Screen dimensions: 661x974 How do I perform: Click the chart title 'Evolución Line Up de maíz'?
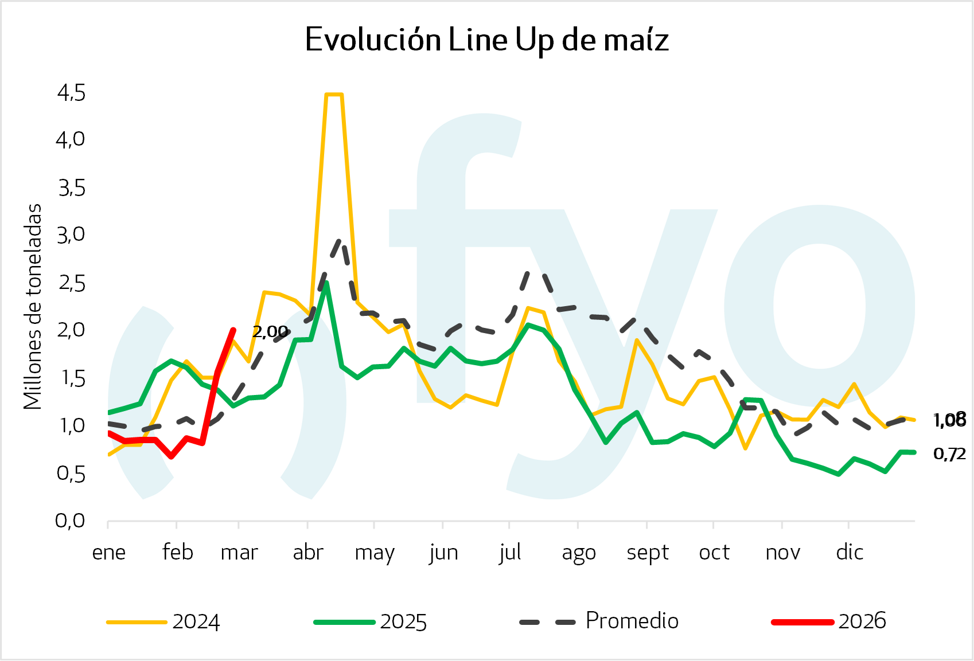coord(486,40)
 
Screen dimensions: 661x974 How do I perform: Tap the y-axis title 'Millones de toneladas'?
coord(33,307)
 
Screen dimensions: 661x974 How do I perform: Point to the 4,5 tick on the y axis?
coord(71,93)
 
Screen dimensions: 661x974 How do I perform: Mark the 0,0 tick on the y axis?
coord(70,521)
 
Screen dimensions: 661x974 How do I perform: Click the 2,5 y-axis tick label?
coord(71,283)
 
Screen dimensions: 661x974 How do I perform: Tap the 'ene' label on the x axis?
coord(108,553)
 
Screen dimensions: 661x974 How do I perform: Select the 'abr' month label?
coord(308,553)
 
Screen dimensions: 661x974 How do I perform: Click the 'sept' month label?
coord(648,553)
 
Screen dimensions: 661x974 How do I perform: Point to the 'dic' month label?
coord(850,553)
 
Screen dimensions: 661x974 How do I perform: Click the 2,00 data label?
coord(270,331)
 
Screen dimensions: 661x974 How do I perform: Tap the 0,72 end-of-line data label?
coord(949,454)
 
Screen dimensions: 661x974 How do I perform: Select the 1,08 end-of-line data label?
coord(949,420)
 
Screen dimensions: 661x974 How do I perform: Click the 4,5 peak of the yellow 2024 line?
coord(333,95)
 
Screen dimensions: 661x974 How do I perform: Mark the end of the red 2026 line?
coord(233,330)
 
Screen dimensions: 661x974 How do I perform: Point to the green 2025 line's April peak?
coord(326,283)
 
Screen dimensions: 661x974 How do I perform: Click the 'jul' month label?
coord(510,553)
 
